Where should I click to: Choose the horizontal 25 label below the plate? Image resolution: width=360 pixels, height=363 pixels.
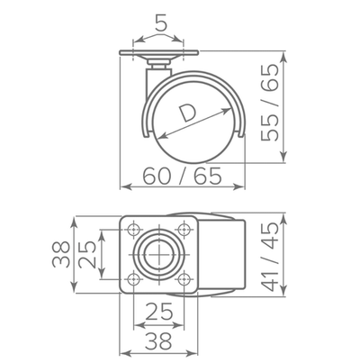(x=159, y=313)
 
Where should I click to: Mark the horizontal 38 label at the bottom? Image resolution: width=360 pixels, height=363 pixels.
(x=159, y=340)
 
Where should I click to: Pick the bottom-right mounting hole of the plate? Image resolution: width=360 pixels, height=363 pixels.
(x=185, y=280)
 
